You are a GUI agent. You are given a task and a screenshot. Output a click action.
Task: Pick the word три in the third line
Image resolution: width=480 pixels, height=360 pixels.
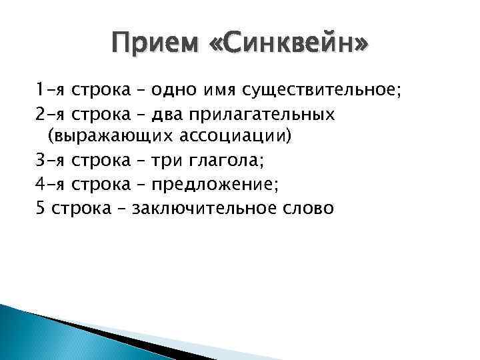[x=168, y=161]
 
